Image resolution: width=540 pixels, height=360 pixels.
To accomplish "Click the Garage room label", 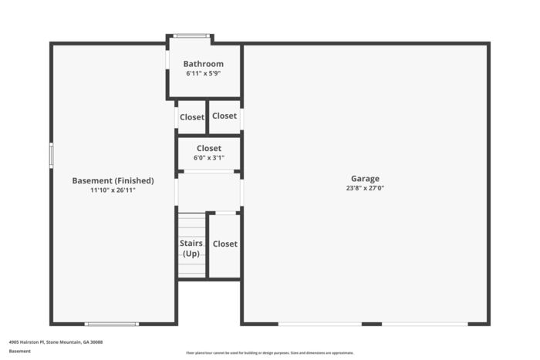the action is click(x=365, y=179).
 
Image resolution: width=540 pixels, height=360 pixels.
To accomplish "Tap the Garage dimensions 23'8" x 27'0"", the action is click(x=365, y=188).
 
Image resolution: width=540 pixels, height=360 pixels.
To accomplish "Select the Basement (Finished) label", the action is click(x=113, y=180).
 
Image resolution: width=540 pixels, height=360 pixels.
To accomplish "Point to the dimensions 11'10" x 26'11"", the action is click(x=113, y=190).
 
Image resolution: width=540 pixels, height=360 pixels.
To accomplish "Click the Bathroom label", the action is click(x=203, y=64).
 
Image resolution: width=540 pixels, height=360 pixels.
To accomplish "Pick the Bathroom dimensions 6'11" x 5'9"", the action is click(x=203, y=73).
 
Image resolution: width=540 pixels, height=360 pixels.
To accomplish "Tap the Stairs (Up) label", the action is click(x=191, y=248).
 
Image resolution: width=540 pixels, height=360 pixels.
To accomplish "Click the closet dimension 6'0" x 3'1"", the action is click(x=209, y=158).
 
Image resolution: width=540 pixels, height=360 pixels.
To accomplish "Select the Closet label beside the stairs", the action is click(x=225, y=244).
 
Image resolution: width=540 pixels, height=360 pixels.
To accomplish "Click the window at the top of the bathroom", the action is click(x=191, y=35).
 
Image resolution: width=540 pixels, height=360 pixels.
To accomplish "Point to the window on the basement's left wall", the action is click(x=52, y=156).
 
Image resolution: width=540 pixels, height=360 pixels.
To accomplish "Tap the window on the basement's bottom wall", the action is click(x=112, y=324).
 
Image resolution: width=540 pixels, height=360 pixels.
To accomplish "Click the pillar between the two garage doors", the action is click(x=372, y=324).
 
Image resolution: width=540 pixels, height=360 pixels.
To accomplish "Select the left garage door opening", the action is click(x=320, y=324).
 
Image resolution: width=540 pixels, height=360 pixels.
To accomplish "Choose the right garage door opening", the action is click(x=425, y=324).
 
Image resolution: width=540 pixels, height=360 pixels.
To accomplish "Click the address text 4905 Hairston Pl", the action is click(x=27, y=342).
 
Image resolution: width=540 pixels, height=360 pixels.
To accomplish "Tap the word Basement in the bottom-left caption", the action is click(x=19, y=351).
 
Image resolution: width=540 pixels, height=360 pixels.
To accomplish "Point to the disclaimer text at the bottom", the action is click(x=270, y=353).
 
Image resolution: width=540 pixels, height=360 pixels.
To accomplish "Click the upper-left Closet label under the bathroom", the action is click(x=192, y=117).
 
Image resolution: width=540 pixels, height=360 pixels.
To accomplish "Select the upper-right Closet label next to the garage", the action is click(x=224, y=116).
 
